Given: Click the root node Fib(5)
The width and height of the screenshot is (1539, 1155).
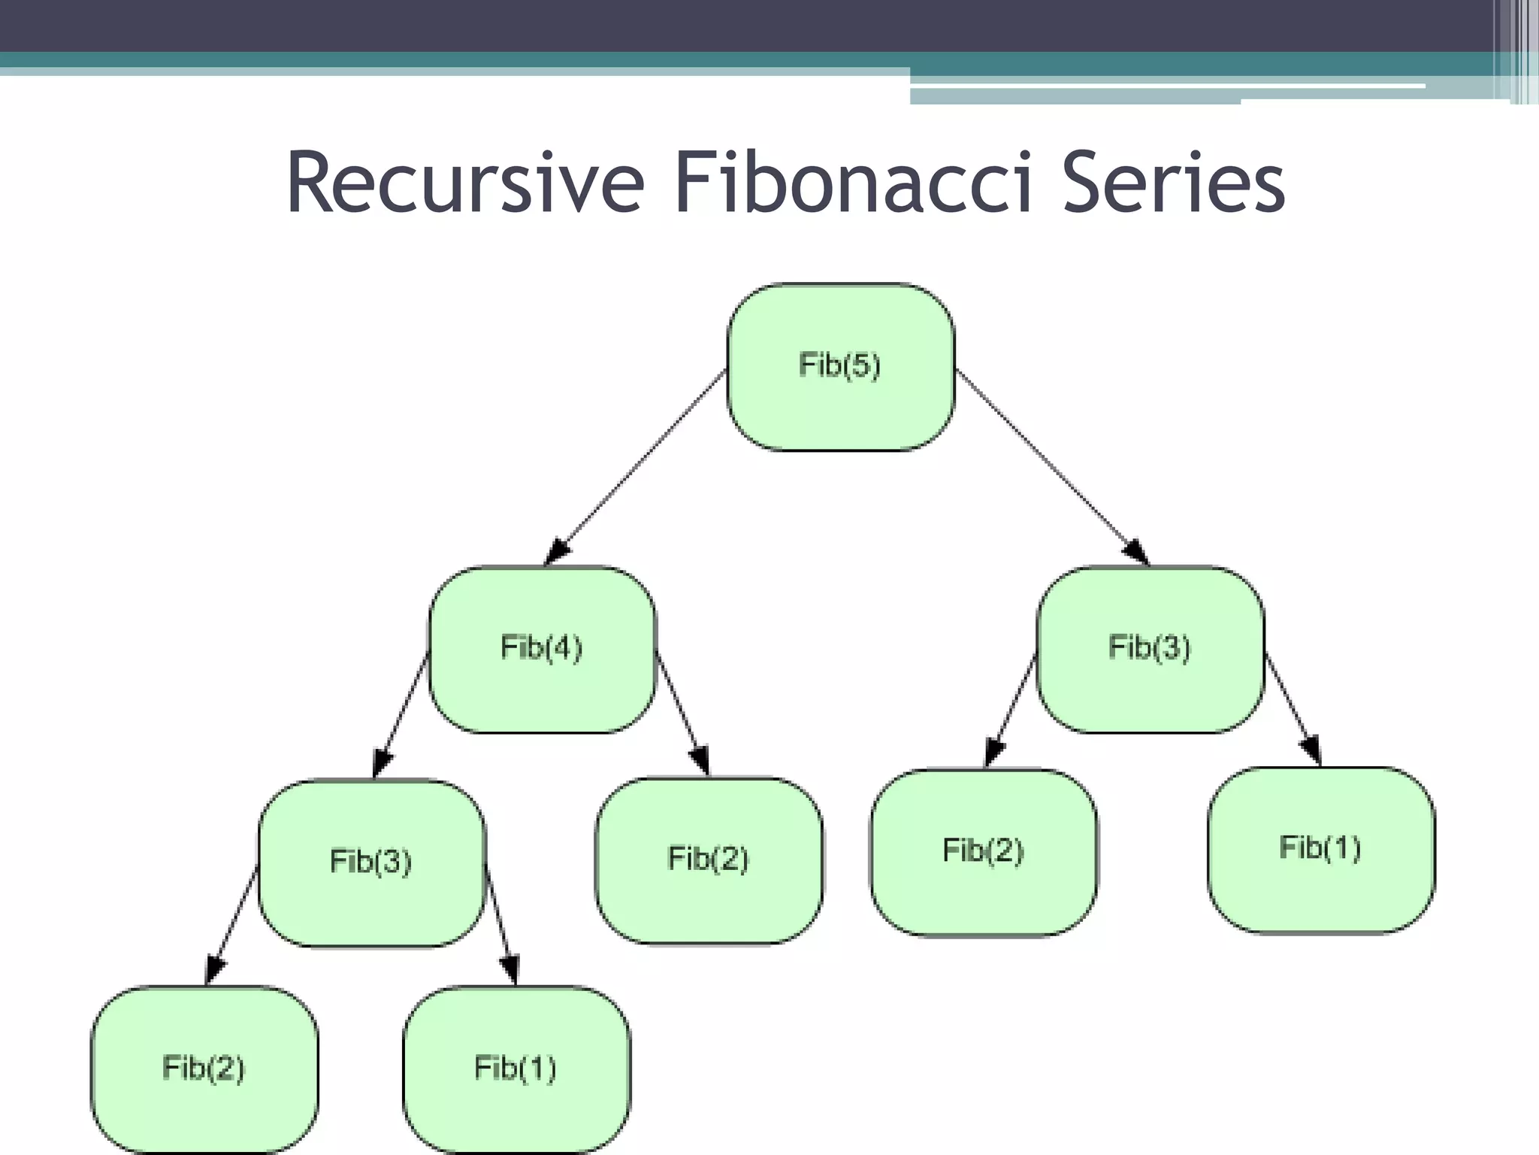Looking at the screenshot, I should (840, 366).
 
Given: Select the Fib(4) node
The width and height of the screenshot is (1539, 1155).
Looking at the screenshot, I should (542, 648).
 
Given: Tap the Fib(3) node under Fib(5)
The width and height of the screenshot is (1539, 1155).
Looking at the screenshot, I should (1150, 648).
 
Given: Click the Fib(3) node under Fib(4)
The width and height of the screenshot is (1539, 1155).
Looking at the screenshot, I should (371, 862).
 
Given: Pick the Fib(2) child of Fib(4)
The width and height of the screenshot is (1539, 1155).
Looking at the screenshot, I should (709, 859).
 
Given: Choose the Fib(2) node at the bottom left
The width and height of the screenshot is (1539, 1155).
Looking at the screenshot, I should (204, 1069).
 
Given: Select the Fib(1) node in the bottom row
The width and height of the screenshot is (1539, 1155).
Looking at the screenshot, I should (516, 1069).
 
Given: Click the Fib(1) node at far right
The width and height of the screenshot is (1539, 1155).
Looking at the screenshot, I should (1320, 849).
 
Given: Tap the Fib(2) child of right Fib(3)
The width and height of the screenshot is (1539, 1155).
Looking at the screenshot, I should (983, 851).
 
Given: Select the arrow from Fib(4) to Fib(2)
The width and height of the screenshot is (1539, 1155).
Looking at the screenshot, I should (681, 711).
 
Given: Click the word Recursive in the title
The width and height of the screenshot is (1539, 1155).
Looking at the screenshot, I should (464, 183).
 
